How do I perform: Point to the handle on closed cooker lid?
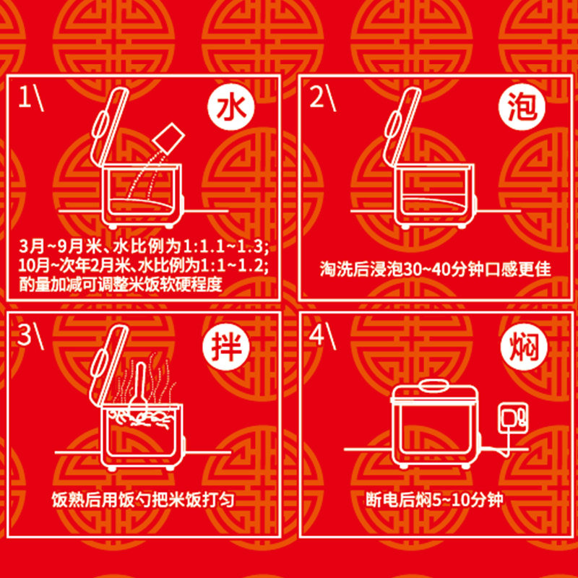click(x=431, y=381)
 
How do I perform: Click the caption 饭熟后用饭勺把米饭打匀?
click(x=143, y=499)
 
